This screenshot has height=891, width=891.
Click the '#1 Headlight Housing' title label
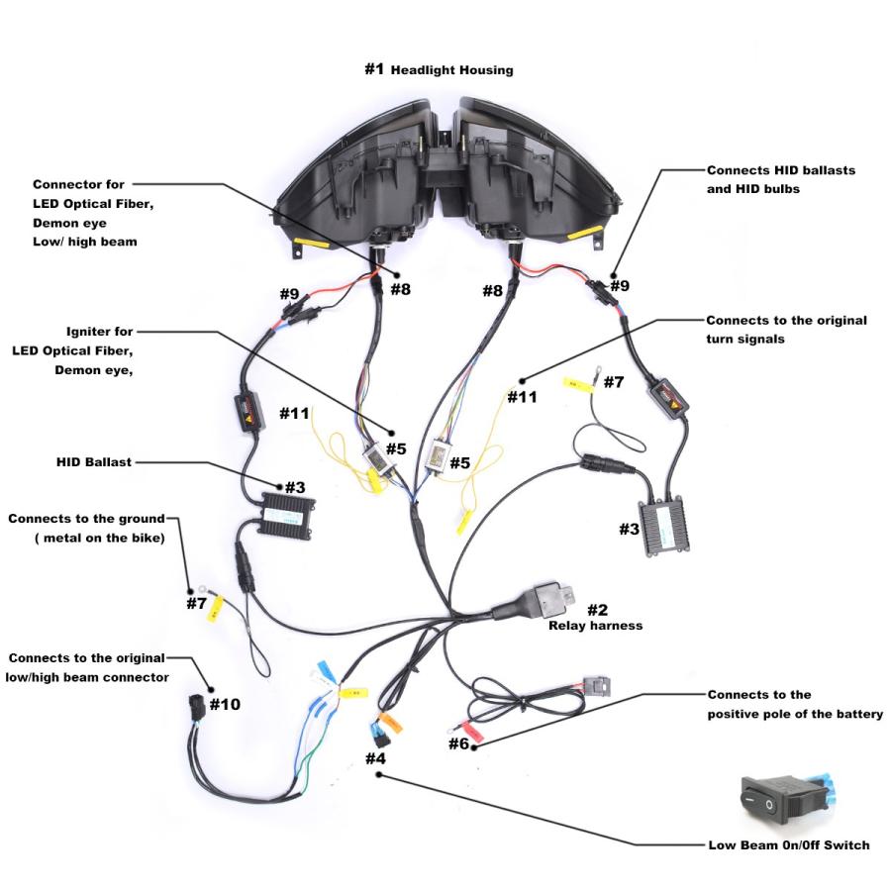tap(439, 70)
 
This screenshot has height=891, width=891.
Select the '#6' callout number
tap(458, 742)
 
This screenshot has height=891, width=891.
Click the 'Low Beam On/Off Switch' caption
tap(788, 845)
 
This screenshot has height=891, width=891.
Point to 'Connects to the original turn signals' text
tap(786, 330)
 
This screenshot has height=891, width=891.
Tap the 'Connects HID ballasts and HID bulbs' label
tap(780, 178)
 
